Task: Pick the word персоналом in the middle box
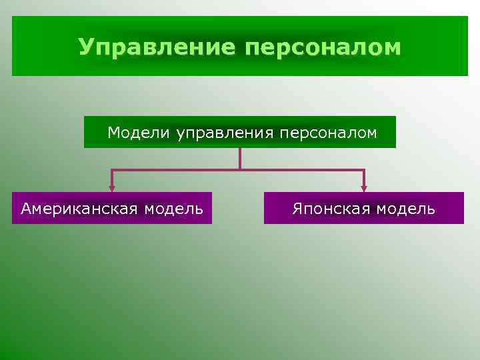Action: pos(327,133)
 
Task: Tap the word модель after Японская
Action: pos(405,209)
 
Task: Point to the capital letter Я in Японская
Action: pos(296,209)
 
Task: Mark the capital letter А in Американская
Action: pos(26,209)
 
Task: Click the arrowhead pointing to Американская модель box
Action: pos(113,188)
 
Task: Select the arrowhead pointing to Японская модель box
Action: pos(364,188)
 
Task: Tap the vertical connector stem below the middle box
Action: pos(239,158)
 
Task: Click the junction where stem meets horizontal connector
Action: pos(239,171)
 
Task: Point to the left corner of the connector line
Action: pos(113,171)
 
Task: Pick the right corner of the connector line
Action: pos(364,171)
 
